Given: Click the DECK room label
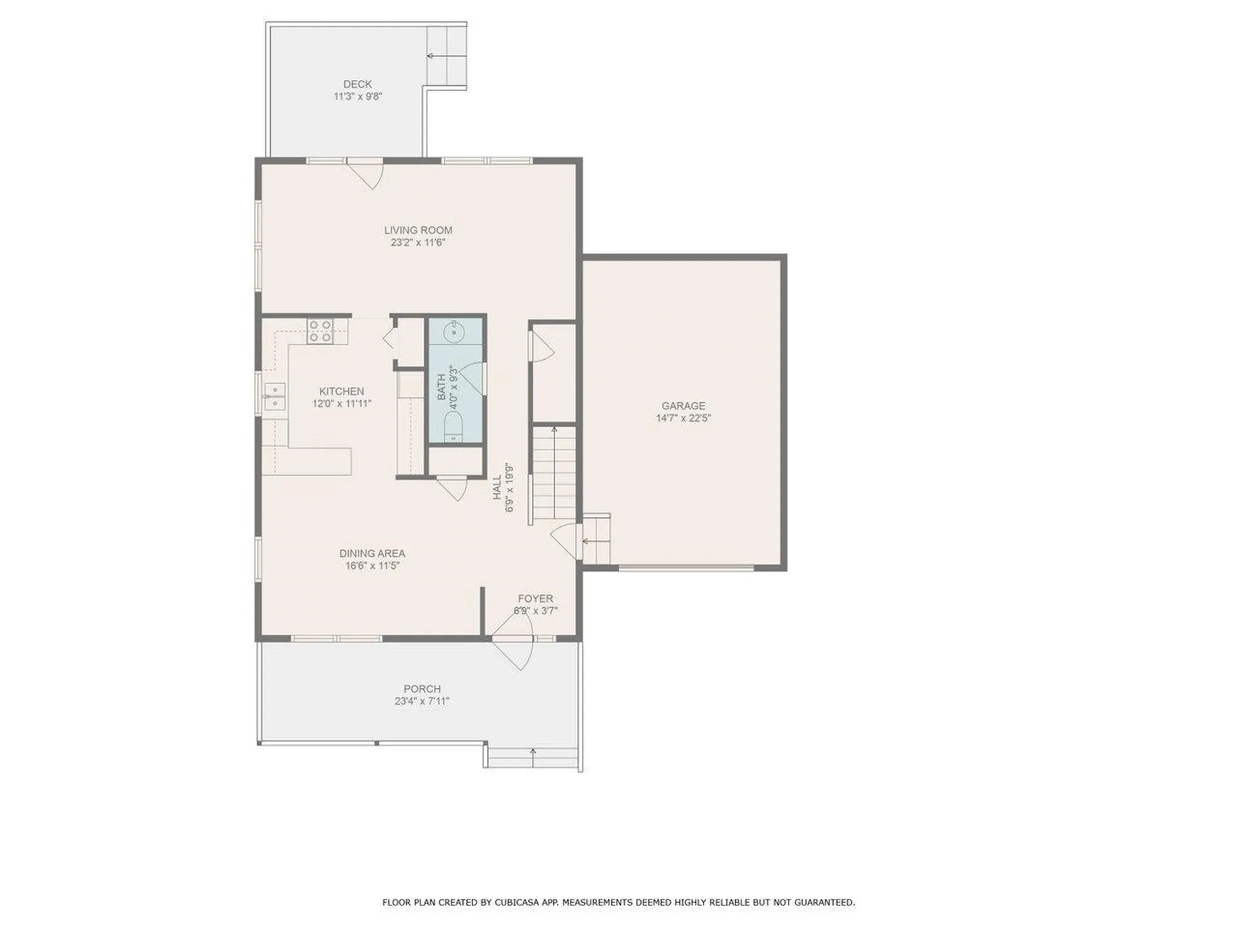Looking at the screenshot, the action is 357,84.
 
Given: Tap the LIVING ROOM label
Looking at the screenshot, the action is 418,230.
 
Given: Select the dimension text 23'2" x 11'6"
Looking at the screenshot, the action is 418,243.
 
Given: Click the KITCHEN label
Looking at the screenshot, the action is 342,391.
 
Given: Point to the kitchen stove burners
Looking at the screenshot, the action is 320,331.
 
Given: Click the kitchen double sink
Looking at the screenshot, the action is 274,396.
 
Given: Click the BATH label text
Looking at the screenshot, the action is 442,387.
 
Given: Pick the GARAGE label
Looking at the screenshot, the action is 683,406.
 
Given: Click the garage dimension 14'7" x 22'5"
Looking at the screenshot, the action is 683,418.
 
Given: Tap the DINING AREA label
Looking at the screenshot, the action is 373,554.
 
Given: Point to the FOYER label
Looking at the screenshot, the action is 535,599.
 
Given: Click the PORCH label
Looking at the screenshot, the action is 422,689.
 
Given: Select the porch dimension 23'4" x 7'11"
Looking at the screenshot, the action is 422,701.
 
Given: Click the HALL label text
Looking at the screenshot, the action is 497,488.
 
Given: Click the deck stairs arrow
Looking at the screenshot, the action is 446,56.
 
